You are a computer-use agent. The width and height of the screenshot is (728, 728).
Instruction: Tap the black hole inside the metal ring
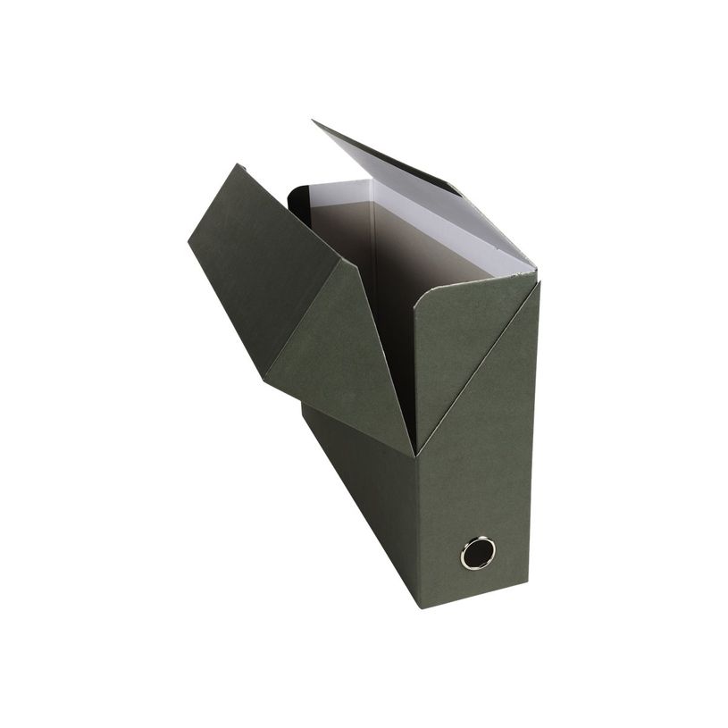coord(478,552)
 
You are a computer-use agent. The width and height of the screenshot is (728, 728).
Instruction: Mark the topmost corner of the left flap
coord(238,165)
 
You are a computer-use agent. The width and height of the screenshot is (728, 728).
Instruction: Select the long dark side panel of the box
coord(357,500)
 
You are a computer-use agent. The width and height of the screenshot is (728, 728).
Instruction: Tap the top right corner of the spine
coord(540,284)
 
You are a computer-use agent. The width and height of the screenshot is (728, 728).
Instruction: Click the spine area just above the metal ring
coord(478,509)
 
